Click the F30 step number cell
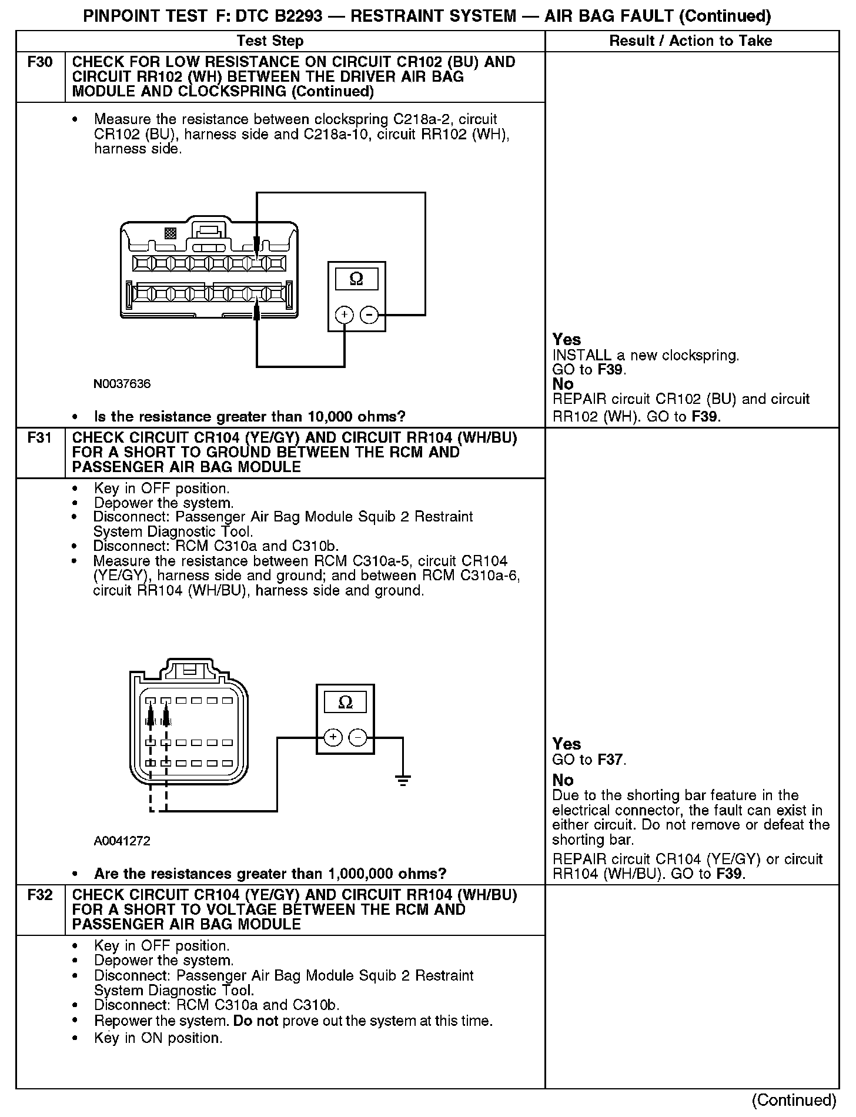40,62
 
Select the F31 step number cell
40,438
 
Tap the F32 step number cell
40,895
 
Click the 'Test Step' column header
270,41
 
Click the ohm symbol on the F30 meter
356,279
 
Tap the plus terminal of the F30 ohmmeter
344,316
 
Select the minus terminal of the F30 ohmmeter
369,316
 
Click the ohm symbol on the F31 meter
346,702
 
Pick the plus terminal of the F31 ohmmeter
333,737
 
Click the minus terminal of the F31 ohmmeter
358,737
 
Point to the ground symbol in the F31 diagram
403,781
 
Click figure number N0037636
122,384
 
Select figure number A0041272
122,841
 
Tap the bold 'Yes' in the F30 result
566,340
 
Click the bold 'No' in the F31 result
563,780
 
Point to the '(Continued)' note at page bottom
793,1100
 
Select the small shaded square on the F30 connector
170,233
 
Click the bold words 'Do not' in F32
255,1021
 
